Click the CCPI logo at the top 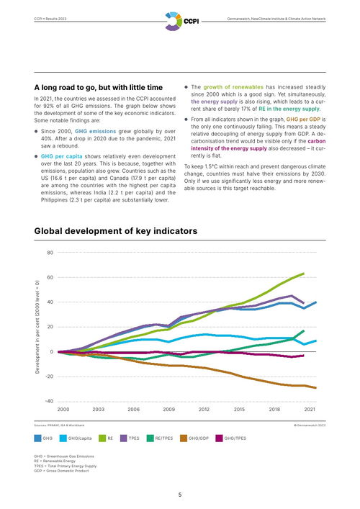(x=181, y=21)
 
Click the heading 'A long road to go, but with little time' (x=99, y=87)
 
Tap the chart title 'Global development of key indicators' (x=116, y=231)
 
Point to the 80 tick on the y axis (x=50, y=252)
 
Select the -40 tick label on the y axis (x=49, y=401)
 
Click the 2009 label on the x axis (x=168, y=410)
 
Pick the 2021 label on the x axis (x=310, y=410)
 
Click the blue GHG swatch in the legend (x=37, y=438)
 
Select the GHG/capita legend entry (x=76, y=438)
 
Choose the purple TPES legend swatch (x=124, y=438)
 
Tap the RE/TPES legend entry (x=160, y=438)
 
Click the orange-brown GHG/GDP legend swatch (x=184, y=438)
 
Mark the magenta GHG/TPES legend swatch (x=219, y=438)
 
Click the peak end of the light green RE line (x=304, y=274)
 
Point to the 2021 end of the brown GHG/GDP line (x=315, y=387)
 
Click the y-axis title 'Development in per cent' (x=37, y=327)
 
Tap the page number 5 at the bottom (x=180, y=495)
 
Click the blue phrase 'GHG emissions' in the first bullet (x=96, y=132)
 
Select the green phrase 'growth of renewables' (x=233, y=87)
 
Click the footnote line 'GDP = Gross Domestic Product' (x=61, y=471)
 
